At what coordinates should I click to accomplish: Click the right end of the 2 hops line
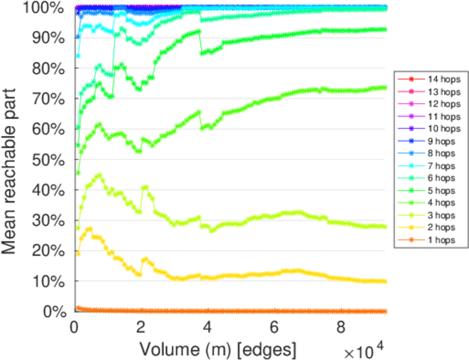[384, 281]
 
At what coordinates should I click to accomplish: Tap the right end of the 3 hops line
[384, 227]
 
